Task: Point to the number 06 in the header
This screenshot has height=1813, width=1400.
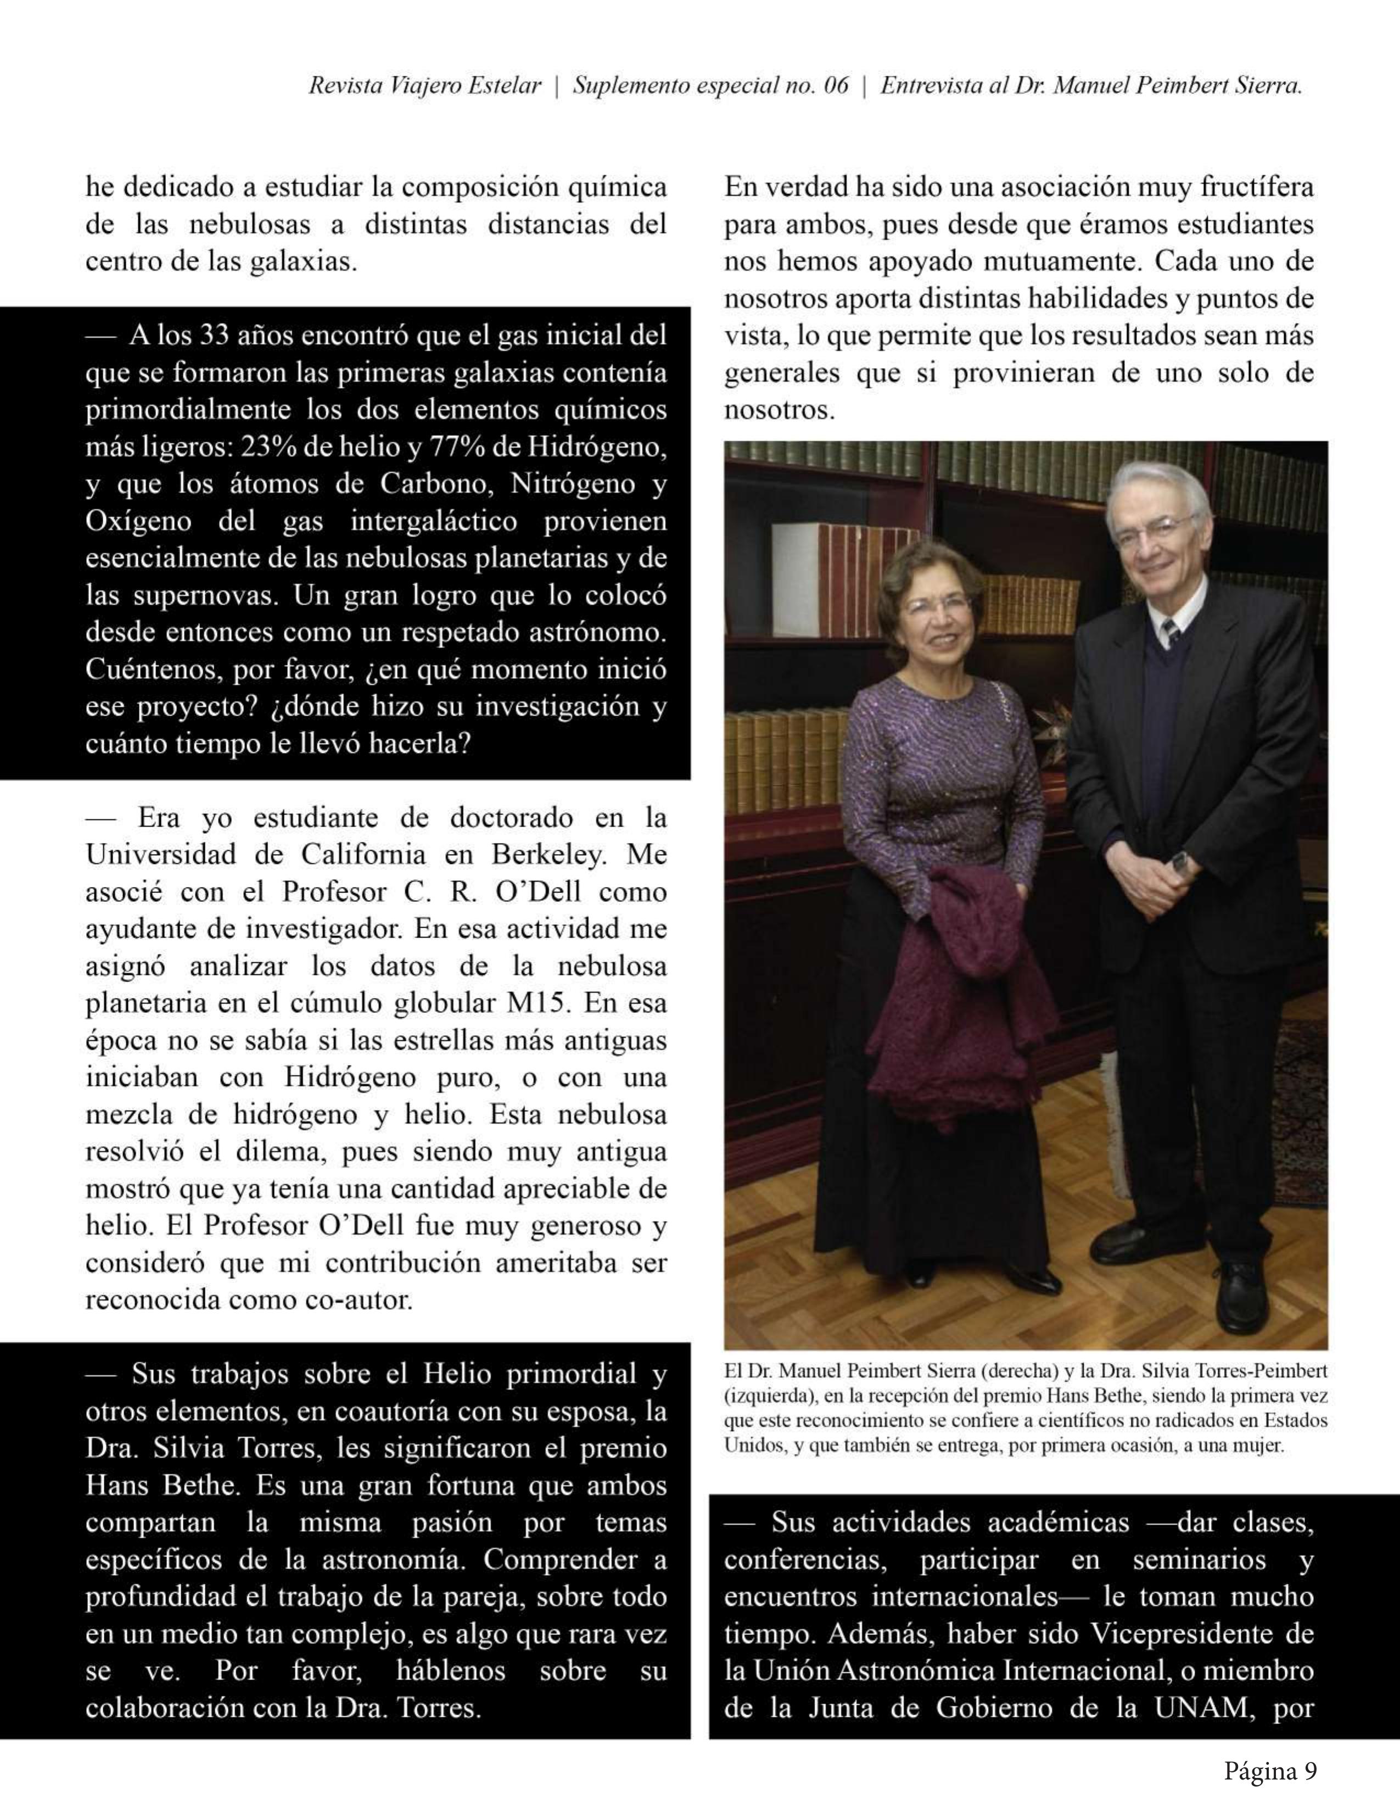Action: click(836, 86)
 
